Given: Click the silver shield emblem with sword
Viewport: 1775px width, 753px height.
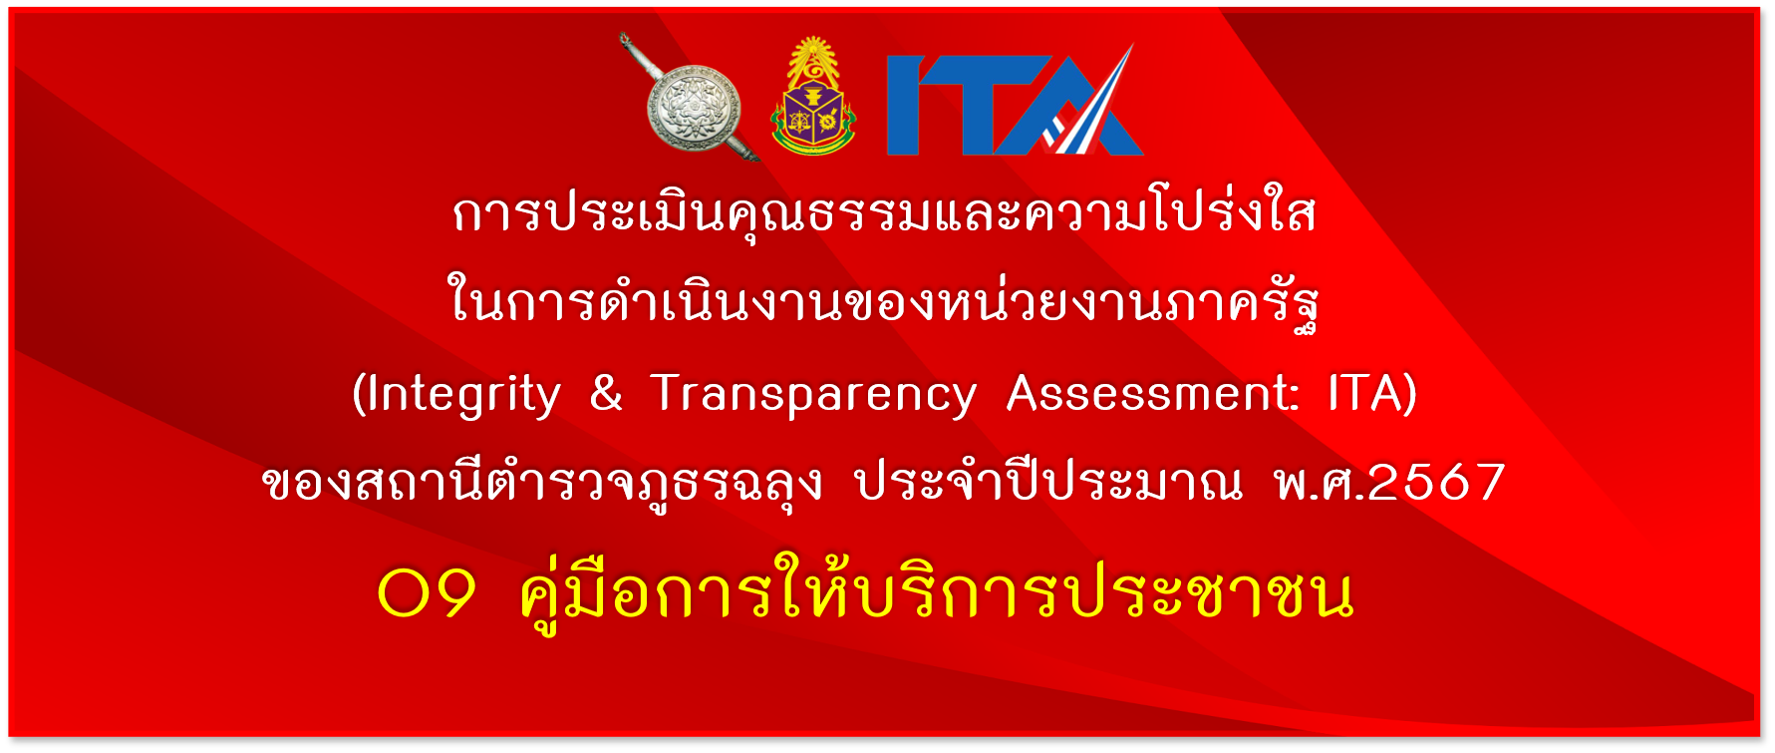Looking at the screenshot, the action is pos(694,106).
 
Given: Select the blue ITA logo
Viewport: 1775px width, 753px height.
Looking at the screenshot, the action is pos(1015,101).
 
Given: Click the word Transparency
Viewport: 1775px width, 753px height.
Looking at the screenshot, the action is pos(812,395).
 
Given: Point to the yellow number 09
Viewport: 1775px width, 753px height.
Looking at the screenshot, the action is pos(427,594).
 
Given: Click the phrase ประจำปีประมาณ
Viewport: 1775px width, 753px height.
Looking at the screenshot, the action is pos(1049,481).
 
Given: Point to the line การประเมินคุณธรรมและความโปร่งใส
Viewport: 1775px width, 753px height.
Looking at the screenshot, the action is pos(884,211).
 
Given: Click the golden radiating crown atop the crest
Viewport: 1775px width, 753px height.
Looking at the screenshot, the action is pos(814,59).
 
